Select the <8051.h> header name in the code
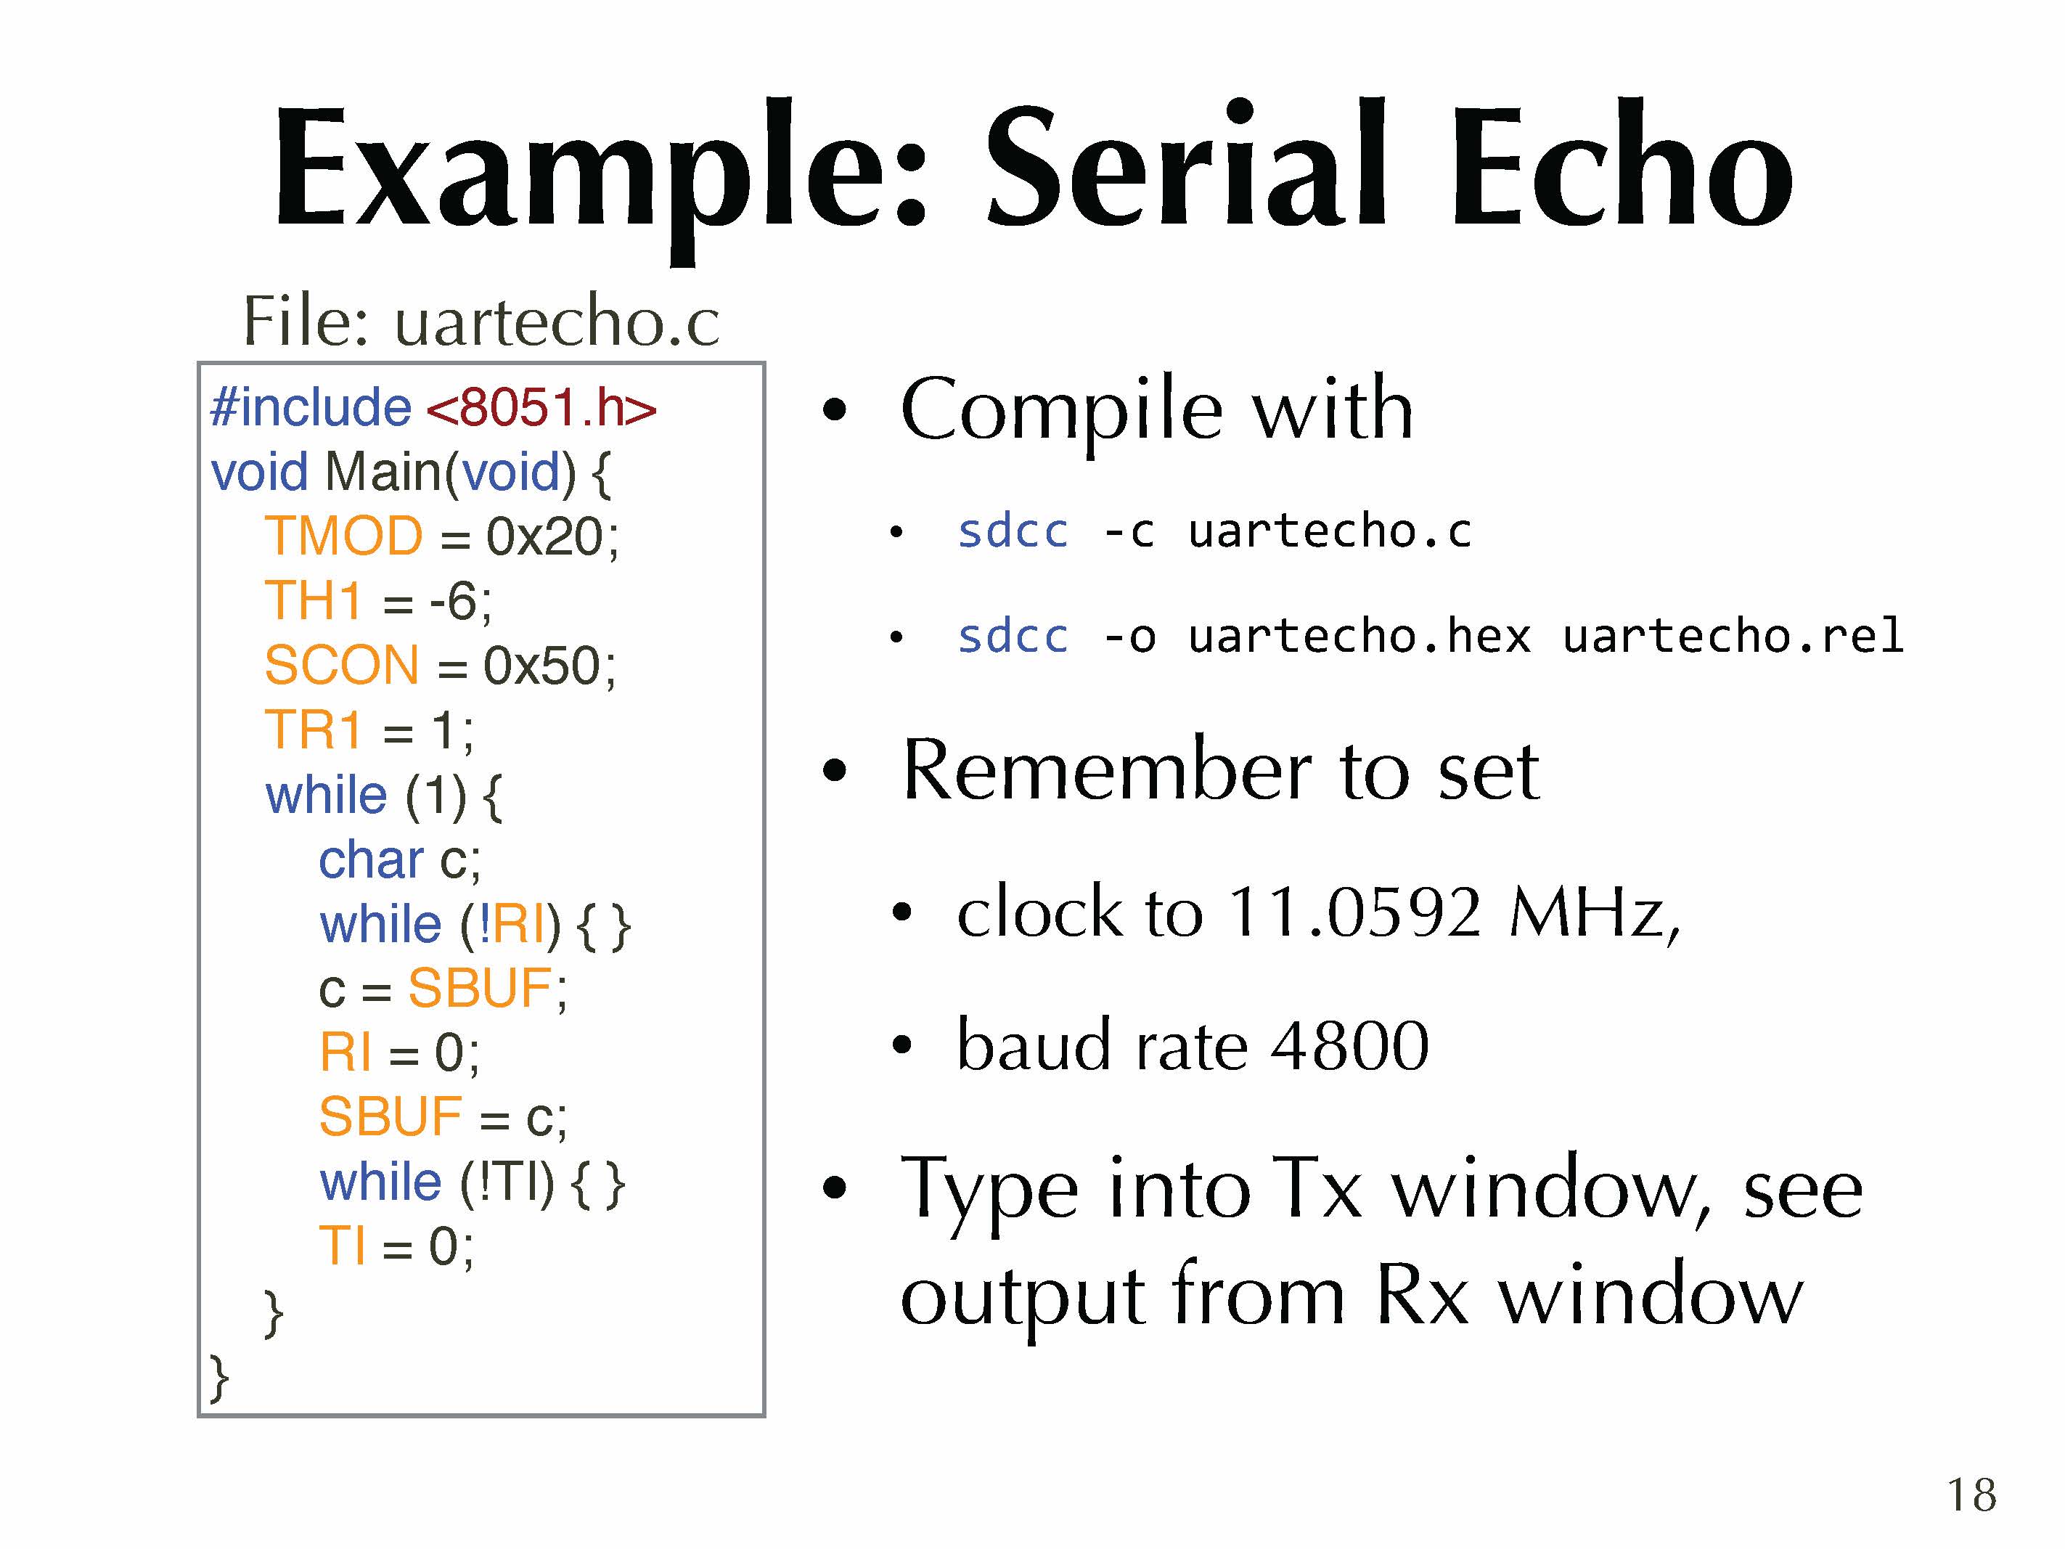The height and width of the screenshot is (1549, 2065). pos(541,408)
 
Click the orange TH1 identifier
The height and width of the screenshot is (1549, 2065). pos(313,600)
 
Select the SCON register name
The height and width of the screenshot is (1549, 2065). pos(342,665)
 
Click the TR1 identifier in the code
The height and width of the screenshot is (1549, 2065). pos(313,729)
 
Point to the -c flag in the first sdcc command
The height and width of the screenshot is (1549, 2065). pos(1129,532)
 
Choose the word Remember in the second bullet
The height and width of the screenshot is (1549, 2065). pos(1109,770)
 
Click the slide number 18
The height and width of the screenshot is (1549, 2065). pos(1971,1495)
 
